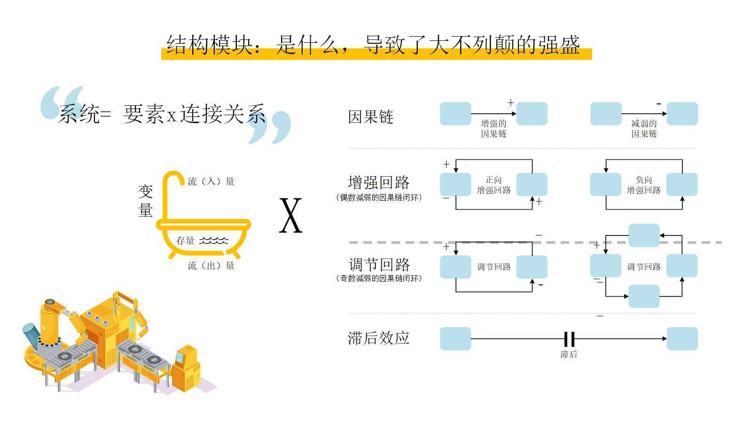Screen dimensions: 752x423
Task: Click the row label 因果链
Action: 371,117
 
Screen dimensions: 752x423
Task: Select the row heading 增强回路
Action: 379,183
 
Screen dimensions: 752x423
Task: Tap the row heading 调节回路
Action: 379,265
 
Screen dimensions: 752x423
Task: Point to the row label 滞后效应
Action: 379,338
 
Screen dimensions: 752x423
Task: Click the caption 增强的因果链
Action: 493,129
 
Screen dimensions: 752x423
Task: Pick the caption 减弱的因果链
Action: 644,129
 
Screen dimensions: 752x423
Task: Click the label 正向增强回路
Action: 493,185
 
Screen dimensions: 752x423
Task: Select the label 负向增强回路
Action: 644,185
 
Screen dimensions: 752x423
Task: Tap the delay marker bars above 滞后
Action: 569,339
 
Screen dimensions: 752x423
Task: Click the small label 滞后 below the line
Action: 569,354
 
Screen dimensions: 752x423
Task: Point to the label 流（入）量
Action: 211,181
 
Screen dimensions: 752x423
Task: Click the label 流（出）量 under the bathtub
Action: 211,266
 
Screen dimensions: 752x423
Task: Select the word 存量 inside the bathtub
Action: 185,240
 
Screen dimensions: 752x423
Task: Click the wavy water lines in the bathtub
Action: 214,240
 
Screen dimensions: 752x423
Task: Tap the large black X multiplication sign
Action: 291,215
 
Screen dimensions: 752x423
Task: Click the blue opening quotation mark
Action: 62,103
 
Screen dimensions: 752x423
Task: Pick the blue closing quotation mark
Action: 270,127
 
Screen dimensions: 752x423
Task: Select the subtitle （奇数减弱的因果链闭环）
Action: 379,278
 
